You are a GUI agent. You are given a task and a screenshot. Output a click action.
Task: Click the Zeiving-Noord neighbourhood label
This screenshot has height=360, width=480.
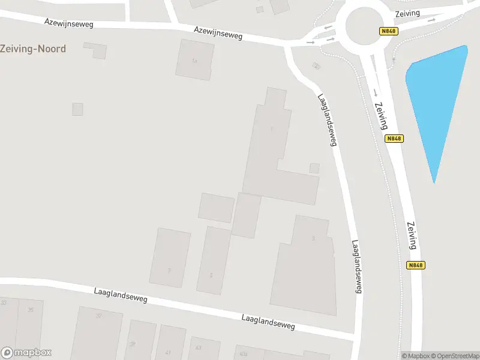point(33,49)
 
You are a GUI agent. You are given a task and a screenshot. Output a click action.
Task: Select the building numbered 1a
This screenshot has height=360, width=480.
point(194,59)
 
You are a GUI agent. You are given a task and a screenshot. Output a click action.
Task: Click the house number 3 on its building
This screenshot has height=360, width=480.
point(313,239)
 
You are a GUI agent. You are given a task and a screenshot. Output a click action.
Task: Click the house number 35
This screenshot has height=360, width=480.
point(31,310)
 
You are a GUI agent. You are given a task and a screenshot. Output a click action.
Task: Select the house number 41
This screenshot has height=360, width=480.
point(168,352)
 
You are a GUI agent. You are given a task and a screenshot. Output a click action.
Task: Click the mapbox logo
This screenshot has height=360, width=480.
point(26,352)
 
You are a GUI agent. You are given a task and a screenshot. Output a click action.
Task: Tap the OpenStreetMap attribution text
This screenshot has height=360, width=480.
point(455,356)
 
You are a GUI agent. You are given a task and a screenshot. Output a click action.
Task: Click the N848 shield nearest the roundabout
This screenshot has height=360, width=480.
point(388,31)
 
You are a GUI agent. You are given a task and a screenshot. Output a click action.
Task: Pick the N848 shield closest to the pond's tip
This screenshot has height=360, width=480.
point(394,139)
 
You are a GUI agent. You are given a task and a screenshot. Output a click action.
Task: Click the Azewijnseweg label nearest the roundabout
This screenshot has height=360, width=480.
point(218,32)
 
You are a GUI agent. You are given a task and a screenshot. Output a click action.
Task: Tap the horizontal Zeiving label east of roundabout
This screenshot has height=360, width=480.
point(407,13)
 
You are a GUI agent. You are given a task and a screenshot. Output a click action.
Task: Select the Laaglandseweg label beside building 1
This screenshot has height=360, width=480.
point(327,120)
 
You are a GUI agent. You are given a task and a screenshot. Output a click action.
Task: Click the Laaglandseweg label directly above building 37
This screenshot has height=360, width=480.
point(121,295)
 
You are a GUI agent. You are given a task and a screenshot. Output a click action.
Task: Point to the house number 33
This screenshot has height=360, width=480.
point(4,303)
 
